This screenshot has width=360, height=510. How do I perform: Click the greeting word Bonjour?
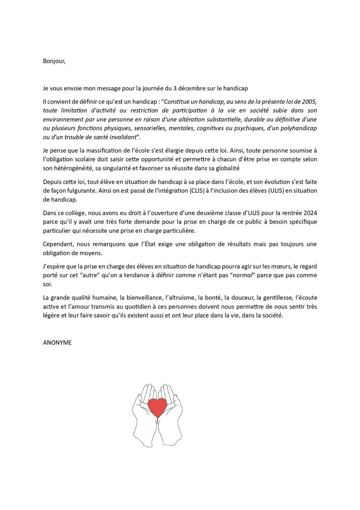click(x=54, y=61)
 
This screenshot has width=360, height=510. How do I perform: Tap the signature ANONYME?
click(x=57, y=343)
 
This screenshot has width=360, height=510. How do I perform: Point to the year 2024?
click(x=309, y=213)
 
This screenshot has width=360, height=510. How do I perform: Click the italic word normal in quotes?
click(x=243, y=275)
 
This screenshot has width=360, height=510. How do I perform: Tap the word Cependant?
click(x=58, y=244)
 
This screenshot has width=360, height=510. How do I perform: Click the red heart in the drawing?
click(x=157, y=406)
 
